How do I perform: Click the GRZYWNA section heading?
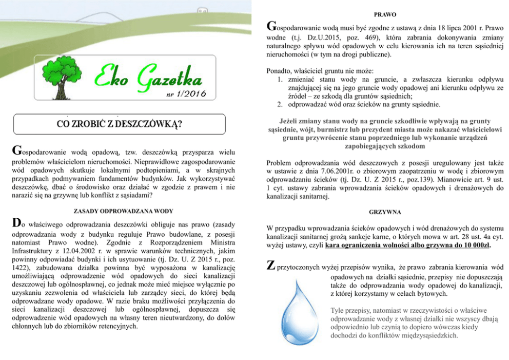385,212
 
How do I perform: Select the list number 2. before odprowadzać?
280,105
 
